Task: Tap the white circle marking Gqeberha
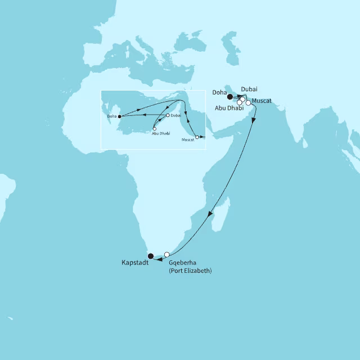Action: tap(166, 254)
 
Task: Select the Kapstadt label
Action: tap(135, 263)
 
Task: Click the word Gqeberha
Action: tap(183, 263)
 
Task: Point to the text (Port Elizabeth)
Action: tap(190, 271)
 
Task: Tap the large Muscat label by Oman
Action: tap(262, 101)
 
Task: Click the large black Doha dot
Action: tap(229, 97)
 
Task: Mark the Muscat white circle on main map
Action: tap(248, 103)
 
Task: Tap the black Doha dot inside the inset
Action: tap(120, 116)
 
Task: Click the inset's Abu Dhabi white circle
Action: tap(155, 129)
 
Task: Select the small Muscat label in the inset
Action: tap(188, 139)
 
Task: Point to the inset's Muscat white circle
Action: tap(197, 137)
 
